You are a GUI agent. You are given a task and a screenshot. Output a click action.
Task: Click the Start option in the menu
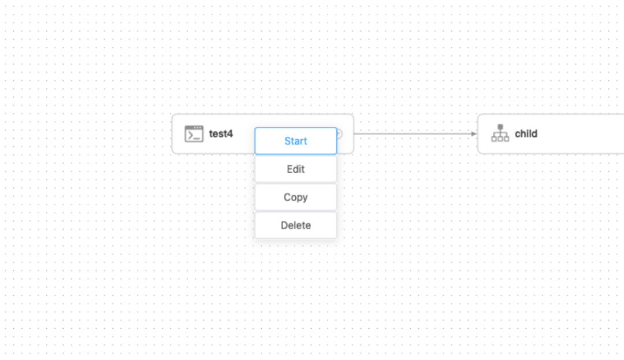[295, 141]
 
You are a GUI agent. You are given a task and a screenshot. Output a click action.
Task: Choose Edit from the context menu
[295, 169]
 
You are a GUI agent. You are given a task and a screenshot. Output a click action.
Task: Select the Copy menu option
[295, 197]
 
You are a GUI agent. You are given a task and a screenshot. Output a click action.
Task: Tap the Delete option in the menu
[295, 225]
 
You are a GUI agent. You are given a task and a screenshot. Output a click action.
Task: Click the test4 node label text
[221, 133]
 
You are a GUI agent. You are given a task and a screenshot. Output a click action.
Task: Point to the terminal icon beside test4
[194, 133]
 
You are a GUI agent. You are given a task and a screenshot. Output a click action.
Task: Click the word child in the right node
[526, 133]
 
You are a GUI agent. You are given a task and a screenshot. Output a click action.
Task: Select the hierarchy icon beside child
[500, 133]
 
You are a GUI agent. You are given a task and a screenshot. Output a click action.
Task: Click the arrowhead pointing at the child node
[474, 133]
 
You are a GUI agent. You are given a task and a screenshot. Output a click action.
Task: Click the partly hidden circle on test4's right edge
[340, 133]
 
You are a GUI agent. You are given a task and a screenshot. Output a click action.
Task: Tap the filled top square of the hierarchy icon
[500, 127]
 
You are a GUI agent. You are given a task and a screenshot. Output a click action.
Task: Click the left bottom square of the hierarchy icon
[494, 139]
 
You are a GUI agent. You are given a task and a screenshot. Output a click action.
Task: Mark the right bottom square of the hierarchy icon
[506, 139]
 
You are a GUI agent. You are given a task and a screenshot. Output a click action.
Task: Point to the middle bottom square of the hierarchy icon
[500, 139]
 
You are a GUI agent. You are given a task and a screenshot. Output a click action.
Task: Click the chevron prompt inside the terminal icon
[190, 136]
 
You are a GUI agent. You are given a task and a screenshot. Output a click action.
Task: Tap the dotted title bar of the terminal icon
[194, 128]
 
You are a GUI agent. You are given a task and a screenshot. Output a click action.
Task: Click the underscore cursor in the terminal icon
[196, 138]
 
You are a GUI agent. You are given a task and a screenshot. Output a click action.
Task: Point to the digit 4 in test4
[230, 133]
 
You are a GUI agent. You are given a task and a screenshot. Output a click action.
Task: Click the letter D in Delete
[284, 225]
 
